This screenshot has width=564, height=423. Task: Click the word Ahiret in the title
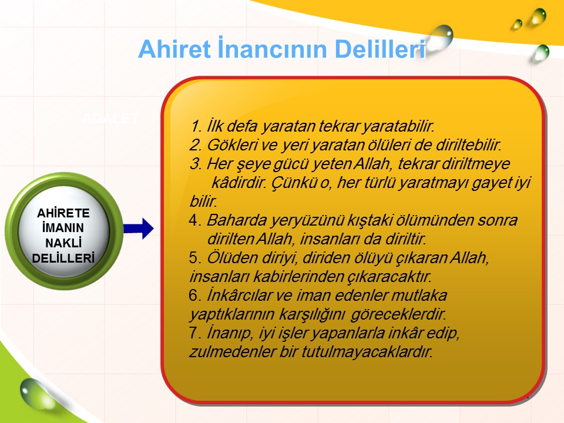point(174,49)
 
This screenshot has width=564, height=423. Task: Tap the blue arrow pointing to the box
point(139,229)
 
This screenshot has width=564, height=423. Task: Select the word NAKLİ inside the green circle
point(63,243)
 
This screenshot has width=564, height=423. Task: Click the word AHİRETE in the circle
point(63,213)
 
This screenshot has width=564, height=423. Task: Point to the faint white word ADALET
point(111,118)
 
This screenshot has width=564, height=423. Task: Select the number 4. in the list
point(195,220)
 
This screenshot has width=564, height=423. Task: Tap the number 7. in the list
point(195,333)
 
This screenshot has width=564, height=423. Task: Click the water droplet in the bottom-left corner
point(34,393)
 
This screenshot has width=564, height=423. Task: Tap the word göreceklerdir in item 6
point(398,314)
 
